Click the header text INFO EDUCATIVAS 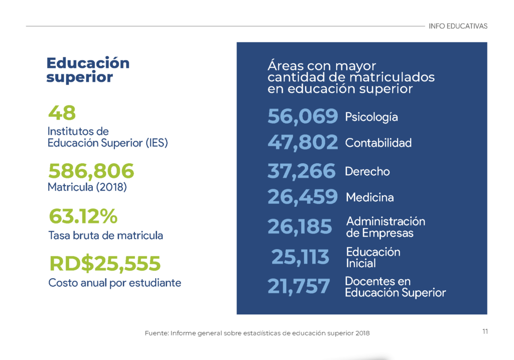pyautogui.click(x=458, y=26)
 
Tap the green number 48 pyautogui.click(x=62, y=113)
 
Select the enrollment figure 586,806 pyautogui.click(x=91, y=171)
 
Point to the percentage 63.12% pyautogui.click(x=83, y=216)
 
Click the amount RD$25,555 pyautogui.click(x=105, y=263)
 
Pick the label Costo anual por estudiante pyautogui.click(x=115, y=283)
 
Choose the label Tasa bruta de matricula pyautogui.click(x=105, y=235)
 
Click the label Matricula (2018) pyautogui.click(x=87, y=187)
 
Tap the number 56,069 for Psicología pyautogui.click(x=303, y=116)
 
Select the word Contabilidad pyautogui.click(x=378, y=143)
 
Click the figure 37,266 pyautogui.click(x=302, y=171)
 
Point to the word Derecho pyautogui.click(x=367, y=172)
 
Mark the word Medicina pyautogui.click(x=370, y=197)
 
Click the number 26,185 pyautogui.click(x=300, y=227)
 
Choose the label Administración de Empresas pyautogui.click(x=386, y=227)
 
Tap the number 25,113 pyautogui.click(x=300, y=257)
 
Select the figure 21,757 pyautogui.click(x=299, y=286)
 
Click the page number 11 pyautogui.click(x=485, y=331)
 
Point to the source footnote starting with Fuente pyautogui.click(x=258, y=333)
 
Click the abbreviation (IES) pyautogui.click(x=157, y=143)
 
